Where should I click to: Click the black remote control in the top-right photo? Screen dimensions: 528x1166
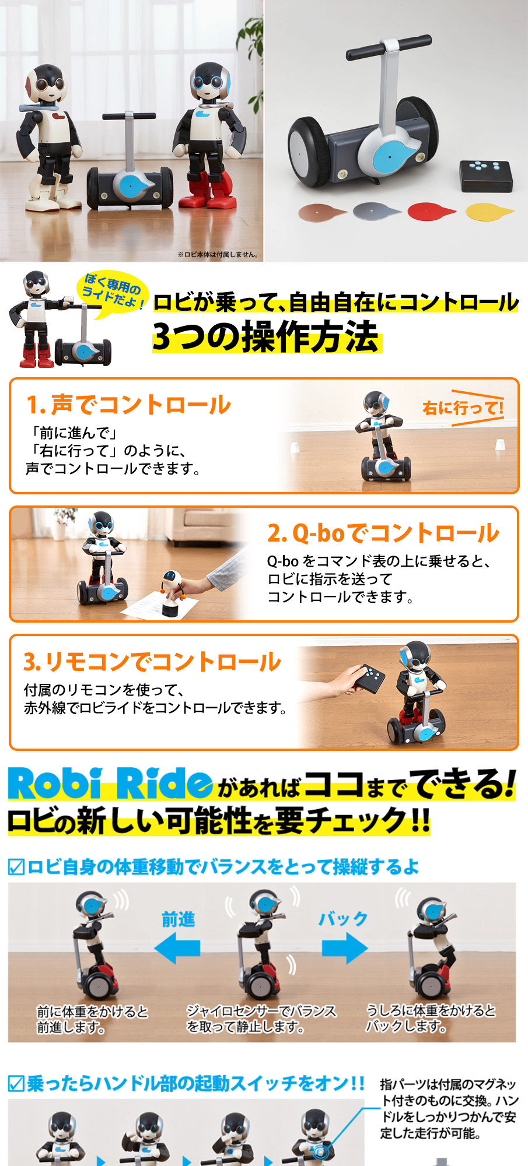pos(486,176)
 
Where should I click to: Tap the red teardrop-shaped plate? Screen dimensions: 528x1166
pos(431,212)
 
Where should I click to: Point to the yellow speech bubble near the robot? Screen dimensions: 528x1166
pos(112,292)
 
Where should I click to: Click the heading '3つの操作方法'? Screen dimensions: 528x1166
pos(266,337)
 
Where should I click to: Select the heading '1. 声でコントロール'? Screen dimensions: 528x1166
pos(129,405)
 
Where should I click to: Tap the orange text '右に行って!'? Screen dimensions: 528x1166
pos(463,408)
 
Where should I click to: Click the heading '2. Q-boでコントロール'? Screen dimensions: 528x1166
pos(383,532)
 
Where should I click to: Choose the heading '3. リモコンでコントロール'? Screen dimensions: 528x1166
pos(152,661)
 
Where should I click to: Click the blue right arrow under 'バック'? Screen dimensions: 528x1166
pos(345,947)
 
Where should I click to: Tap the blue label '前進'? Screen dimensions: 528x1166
pos(178,919)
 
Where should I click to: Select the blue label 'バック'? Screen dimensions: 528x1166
pos(343,919)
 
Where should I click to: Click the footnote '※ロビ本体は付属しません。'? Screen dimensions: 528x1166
pos(218,254)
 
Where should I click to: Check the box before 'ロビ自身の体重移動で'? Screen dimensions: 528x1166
pos(16,867)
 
